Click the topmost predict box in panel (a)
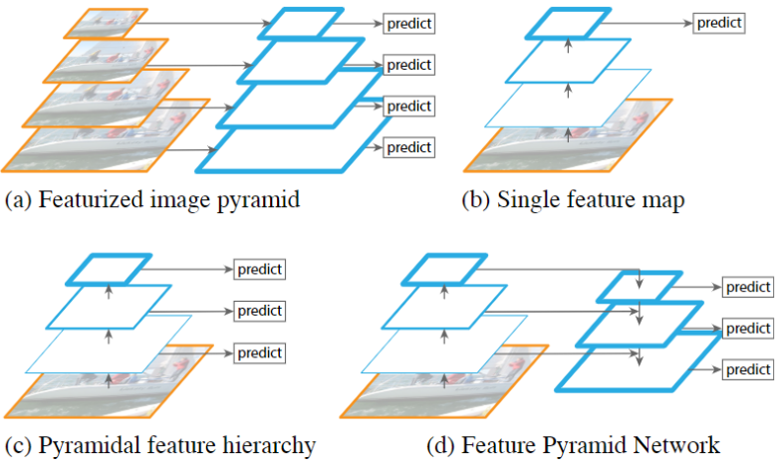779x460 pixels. (408, 22)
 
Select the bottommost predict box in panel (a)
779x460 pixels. (409, 147)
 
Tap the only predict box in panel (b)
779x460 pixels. (718, 21)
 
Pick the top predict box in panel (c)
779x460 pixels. (259, 269)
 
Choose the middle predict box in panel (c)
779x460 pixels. (259, 311)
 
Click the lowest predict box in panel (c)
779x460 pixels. (259, 352)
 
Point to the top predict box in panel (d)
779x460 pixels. (747, 287)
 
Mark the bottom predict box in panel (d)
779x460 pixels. (747, 368)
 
